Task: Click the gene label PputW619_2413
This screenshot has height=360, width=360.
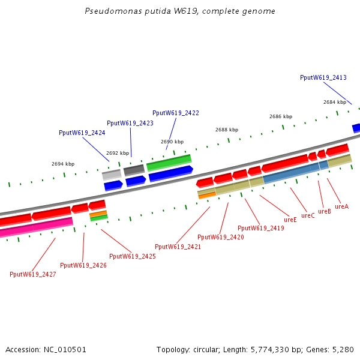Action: pos(323,77)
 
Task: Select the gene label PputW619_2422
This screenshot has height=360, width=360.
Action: pos(175,113)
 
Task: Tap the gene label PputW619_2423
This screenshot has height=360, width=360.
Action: pos(130,123)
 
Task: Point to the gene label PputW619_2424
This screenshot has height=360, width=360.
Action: pos(82,133)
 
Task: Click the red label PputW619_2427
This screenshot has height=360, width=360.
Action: pos(33,274)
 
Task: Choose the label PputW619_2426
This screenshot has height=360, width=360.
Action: pos(83,265)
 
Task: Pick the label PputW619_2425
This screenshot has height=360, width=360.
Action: pos(133,256)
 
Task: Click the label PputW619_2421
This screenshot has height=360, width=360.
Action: pos(178,247)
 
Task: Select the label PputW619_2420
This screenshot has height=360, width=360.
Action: pos(220,237)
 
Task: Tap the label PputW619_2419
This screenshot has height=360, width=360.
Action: pos(261,228)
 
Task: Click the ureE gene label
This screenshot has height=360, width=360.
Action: pos(290,220)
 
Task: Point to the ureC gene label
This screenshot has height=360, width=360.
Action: pos(308,215)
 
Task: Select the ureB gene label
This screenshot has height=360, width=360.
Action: pos(325,211)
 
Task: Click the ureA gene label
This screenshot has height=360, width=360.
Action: pos(341,206)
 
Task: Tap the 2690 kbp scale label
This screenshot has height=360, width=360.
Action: pos(172,142)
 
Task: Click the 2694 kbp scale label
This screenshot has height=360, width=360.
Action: pos(63,164)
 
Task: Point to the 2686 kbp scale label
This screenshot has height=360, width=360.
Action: pos(281,116)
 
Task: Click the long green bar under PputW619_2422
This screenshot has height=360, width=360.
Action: pos(169,162)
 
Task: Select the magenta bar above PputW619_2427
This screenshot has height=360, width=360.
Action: pos(36,228)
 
